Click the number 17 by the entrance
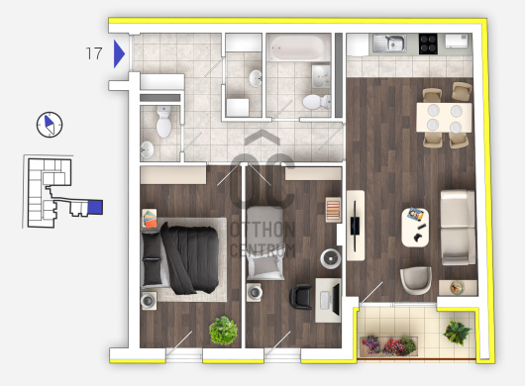[94, 53]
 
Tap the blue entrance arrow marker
[119, 53]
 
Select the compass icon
[50, 125]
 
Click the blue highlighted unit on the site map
[95, 207]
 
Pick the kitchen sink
[389, 44]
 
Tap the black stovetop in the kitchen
[428, 44]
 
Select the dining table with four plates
[444, 118]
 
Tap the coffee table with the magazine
[415, 227]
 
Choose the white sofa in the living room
[458, 228]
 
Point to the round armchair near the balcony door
[416, 280]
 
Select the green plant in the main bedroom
[223, 331]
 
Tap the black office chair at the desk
[301, 296]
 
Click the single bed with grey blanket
[265, 242]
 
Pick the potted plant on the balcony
[457, 332]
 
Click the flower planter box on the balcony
[389, 346]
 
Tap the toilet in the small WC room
[164, 122]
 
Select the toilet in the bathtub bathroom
[316, 102]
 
